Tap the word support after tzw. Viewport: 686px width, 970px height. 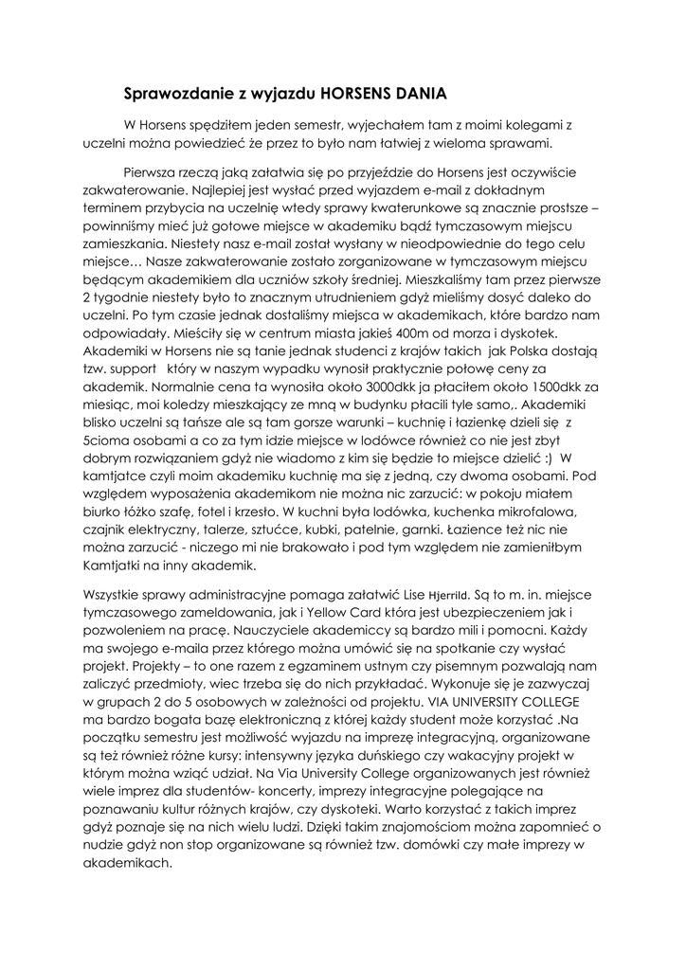point(135,368)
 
